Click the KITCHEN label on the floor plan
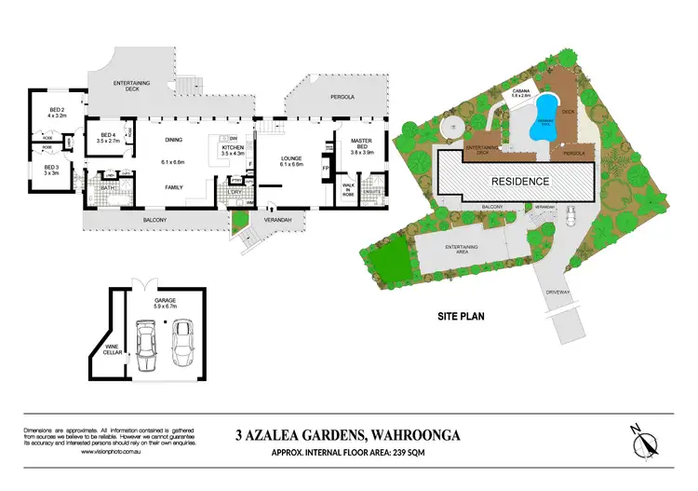pyautogui.click(x=232, y=147)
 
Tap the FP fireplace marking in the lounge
pyautogui.click(x=326, y=170)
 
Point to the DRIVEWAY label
pyautogui.click(x=560, y=292)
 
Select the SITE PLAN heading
pyautogui.click(x=463, y=316)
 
